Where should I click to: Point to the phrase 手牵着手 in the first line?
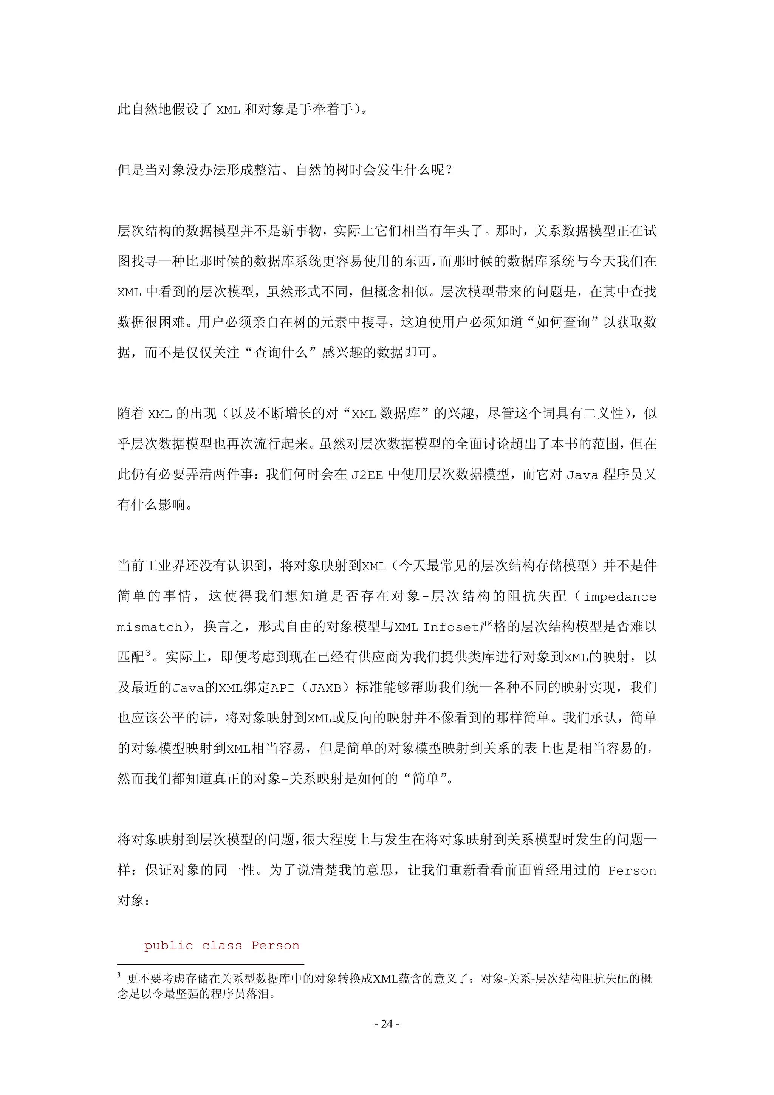pyautogui.click(x=326, y=109)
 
